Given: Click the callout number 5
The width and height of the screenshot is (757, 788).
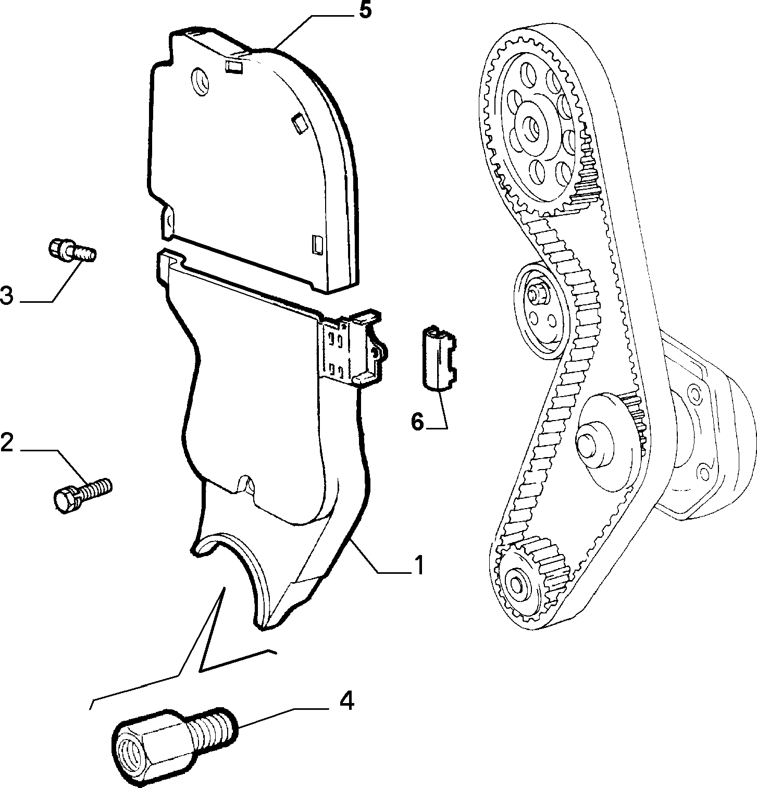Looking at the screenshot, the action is click(x=365, y=11).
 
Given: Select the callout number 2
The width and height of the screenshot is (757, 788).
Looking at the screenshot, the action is click(x=7, y=442).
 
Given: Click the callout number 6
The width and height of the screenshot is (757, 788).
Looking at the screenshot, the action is click(x=418, y=422).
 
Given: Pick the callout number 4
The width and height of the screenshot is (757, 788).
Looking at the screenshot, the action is click(x=347, y=701).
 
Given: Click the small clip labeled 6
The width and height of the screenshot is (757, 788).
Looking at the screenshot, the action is click(x=438, y=357).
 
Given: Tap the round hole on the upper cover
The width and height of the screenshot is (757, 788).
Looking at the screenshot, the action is click(x=200, y=81).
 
